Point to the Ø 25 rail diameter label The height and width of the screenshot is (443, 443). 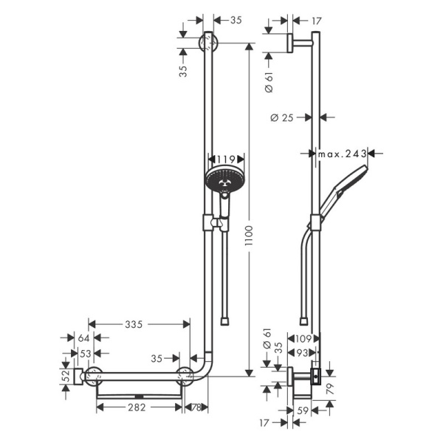(x=282, y=117)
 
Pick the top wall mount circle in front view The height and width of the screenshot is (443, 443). (x=209, y=42)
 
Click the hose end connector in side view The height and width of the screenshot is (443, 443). (x=303, y=320)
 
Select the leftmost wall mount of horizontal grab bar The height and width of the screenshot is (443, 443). (x=94, y=376)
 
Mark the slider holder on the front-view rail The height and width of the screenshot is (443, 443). (x=212, y=222)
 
